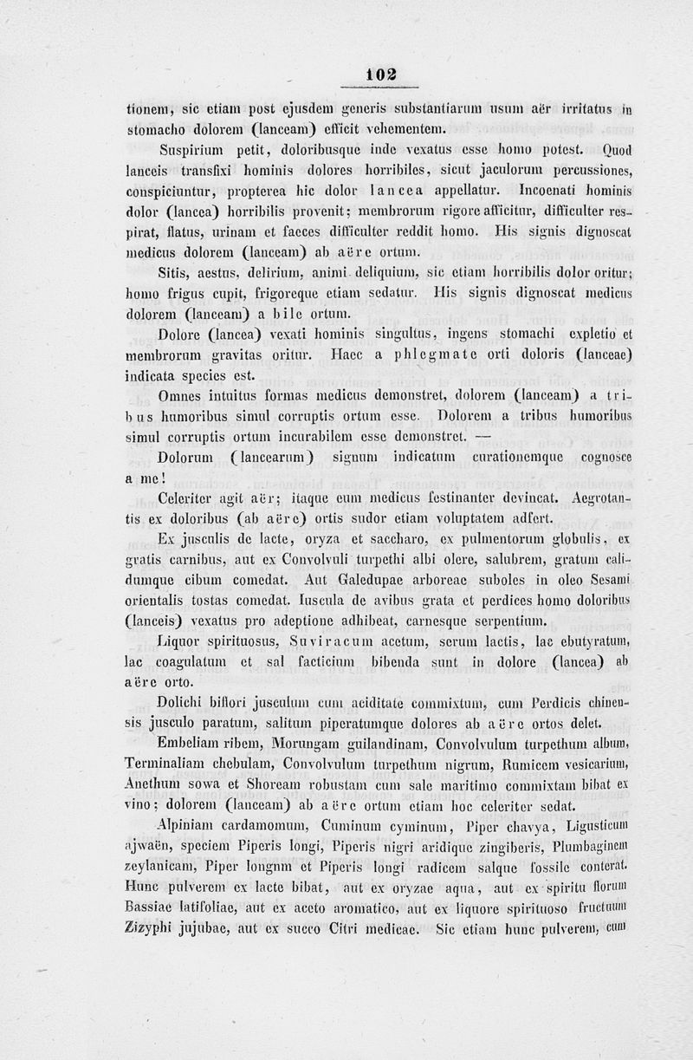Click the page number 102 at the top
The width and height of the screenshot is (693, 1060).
coord(381,75)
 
